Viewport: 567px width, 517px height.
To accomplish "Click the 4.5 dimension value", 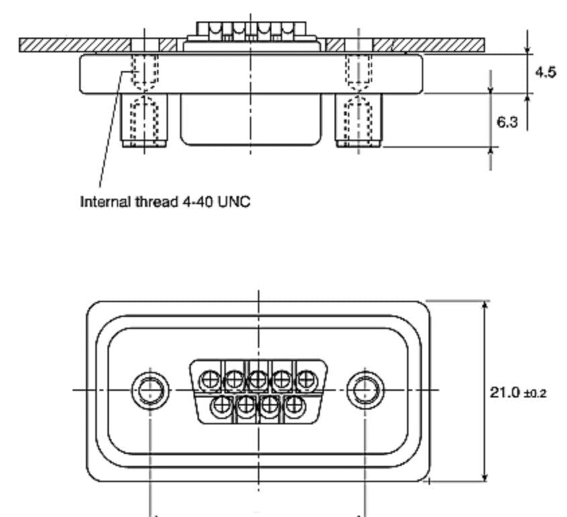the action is point(546,73).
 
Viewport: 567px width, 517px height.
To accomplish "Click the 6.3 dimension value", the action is point(507,122).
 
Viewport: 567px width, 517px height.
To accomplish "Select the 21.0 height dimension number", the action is point(505,392).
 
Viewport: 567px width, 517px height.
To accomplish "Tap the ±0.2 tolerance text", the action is point(535,393).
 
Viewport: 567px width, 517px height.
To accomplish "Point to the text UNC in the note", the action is point(234,201).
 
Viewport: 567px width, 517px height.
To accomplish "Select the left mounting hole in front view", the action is point(150,390).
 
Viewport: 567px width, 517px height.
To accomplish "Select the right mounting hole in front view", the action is point(365,390).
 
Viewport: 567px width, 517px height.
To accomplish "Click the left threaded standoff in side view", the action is point(144,120).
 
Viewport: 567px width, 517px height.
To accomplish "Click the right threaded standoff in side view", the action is point(358,120).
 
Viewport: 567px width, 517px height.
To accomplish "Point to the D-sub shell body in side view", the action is point(251,120).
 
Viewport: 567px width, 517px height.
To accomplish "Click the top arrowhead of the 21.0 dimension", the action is point(485,305).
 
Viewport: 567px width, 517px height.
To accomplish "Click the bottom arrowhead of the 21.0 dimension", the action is point(485,476).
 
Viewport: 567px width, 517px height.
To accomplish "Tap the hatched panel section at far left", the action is point(75,45).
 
